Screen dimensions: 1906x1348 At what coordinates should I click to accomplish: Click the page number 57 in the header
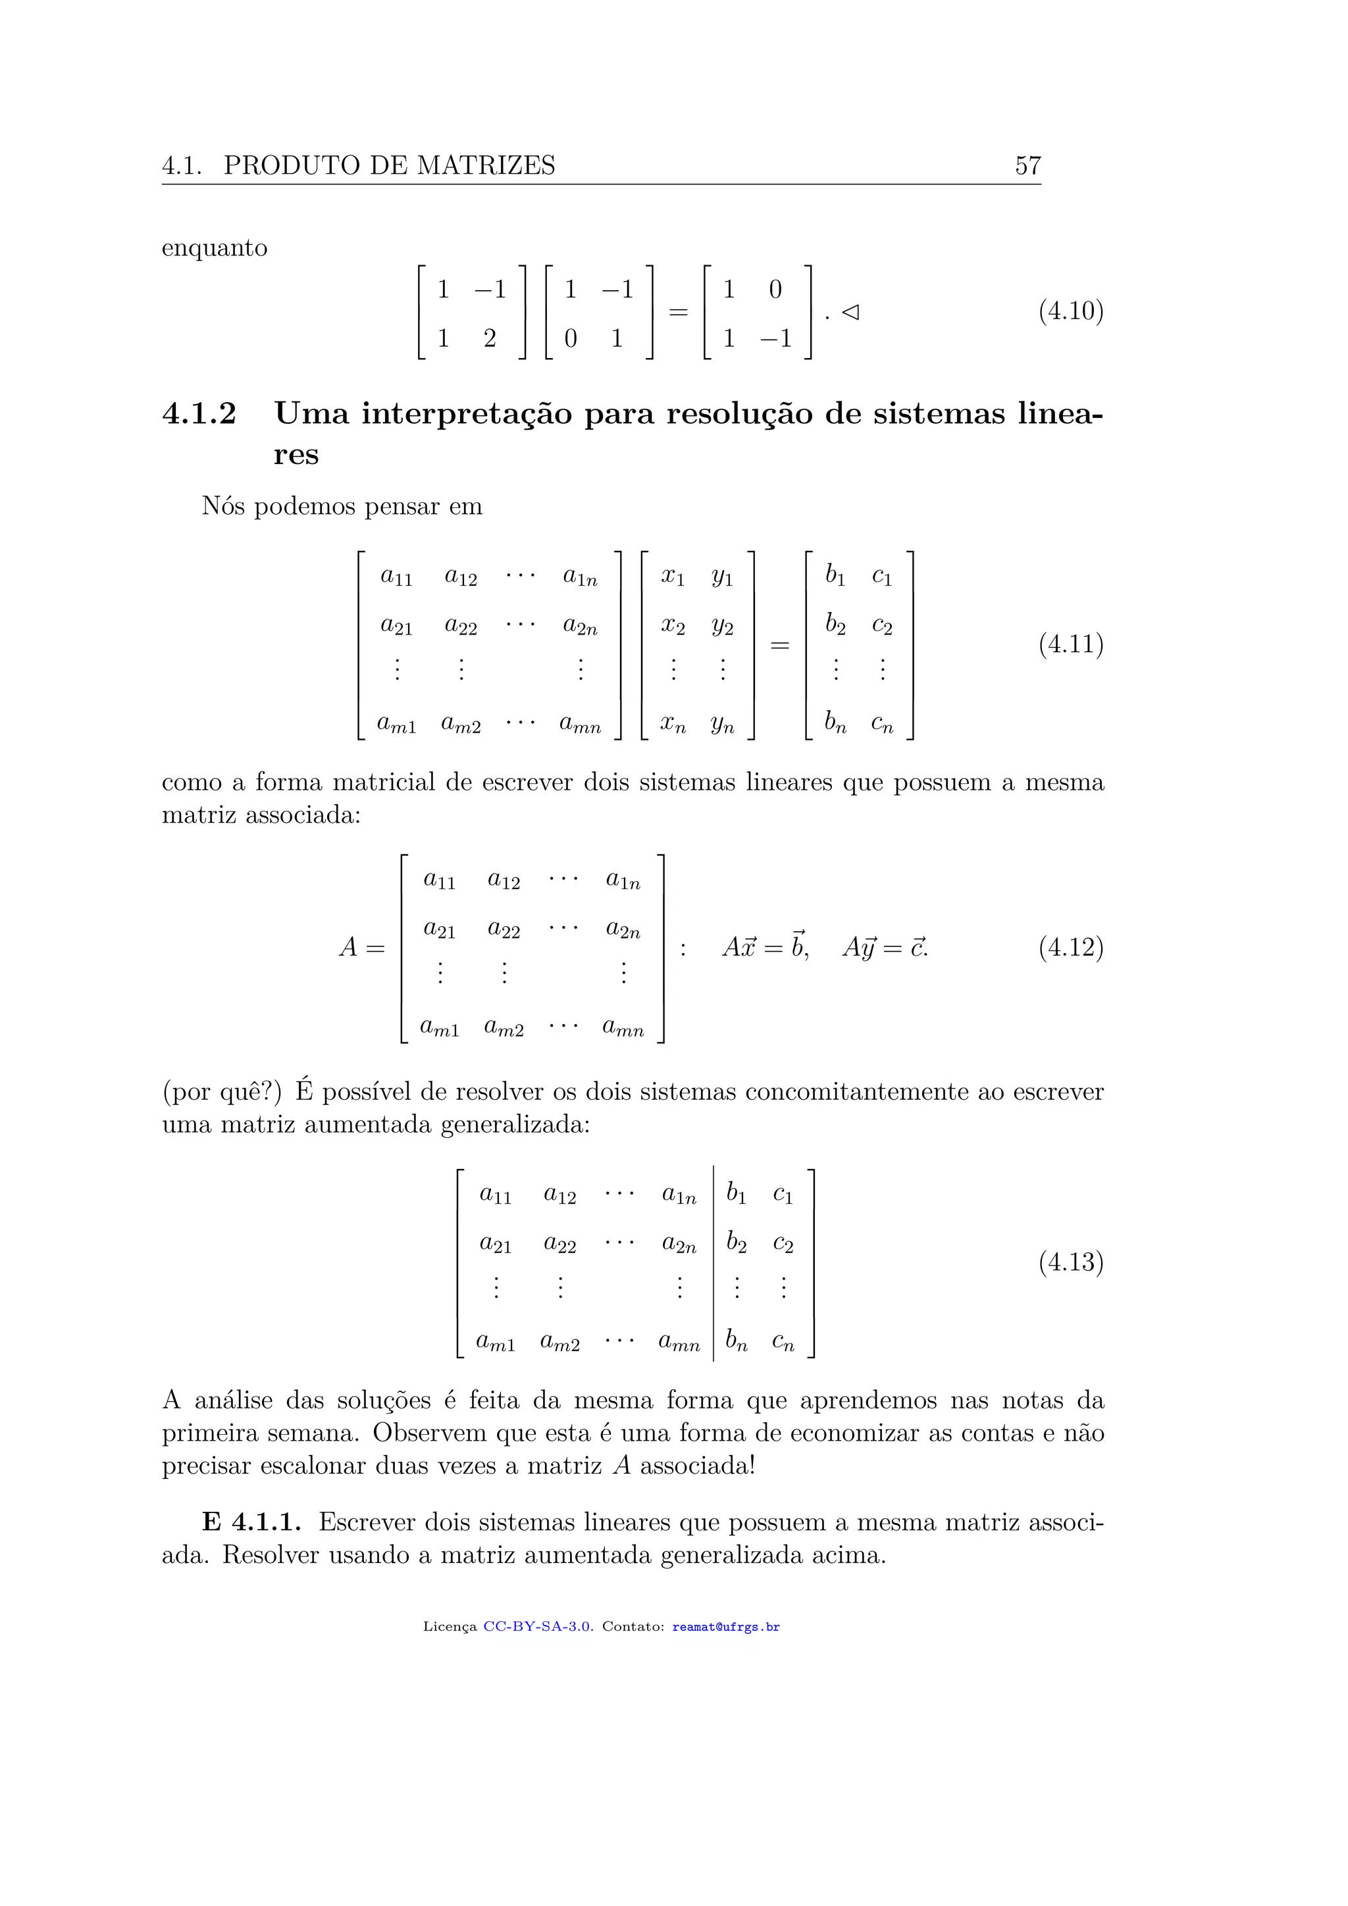1027,166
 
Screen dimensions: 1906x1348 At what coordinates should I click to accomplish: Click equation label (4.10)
1070,311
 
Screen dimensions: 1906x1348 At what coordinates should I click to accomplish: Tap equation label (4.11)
1070,644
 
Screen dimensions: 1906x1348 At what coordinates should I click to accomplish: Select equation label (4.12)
1070,947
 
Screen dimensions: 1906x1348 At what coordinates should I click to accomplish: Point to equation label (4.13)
1070,1262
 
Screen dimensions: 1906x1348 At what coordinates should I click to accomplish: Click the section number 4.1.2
199,413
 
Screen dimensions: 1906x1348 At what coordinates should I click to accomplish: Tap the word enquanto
214,248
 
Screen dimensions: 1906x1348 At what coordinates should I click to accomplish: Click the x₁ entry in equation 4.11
672,576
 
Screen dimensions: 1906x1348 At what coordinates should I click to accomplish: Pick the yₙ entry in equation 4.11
722,725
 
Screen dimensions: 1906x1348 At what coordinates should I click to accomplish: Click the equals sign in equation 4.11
779,645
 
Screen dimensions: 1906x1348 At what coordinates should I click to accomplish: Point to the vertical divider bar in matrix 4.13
714,1262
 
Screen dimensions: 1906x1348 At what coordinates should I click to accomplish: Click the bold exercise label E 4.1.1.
251,1522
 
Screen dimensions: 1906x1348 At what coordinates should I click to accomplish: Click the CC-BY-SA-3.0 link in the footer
537,1627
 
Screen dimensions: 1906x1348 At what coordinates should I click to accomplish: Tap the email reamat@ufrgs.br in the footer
725,1627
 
